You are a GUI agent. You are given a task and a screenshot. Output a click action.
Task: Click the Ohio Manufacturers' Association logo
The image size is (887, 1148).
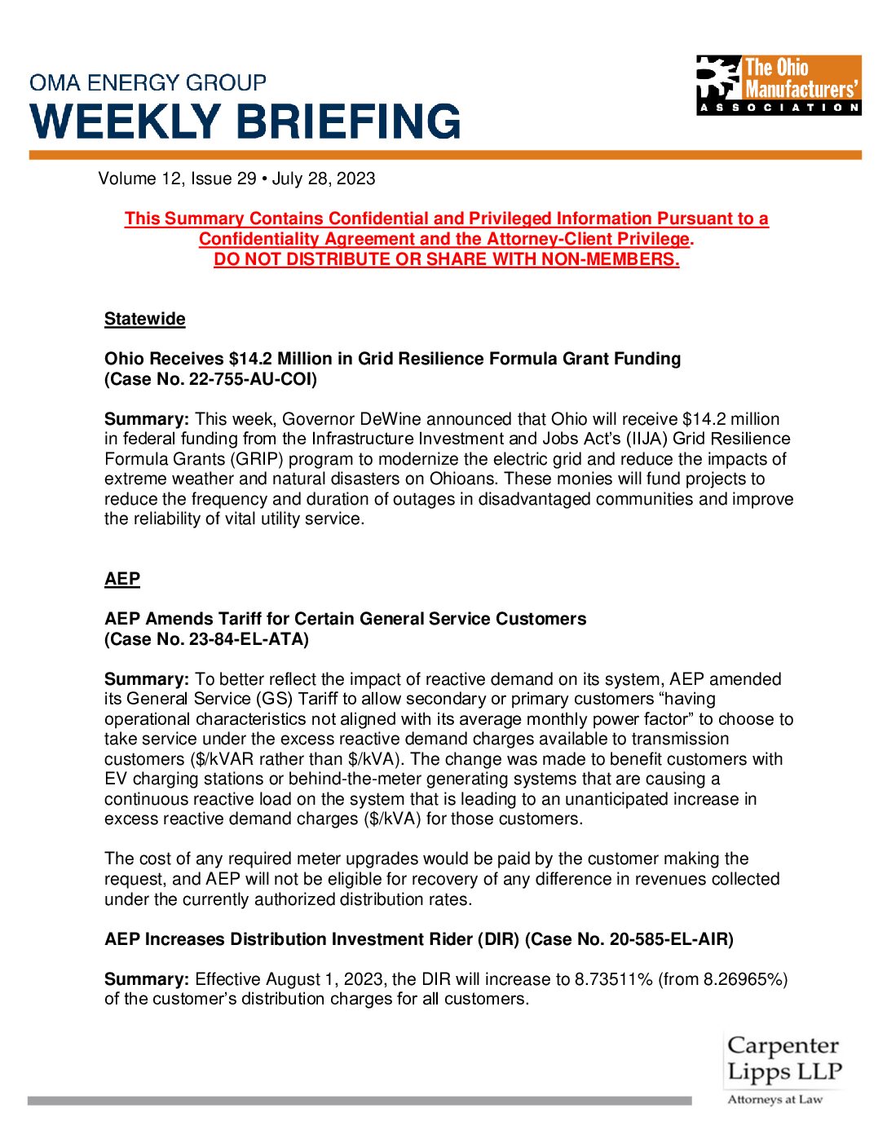(x=779, y=85)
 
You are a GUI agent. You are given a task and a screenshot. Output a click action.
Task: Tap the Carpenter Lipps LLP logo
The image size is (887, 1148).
(x=783, y=1069)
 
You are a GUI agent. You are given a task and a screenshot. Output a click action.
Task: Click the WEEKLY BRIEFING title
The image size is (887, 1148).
(x=245, y=121)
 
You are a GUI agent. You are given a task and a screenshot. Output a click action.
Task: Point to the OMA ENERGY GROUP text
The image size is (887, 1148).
(x=148, y=83)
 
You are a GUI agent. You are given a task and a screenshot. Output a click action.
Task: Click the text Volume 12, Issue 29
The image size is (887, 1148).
(x=177, y=179)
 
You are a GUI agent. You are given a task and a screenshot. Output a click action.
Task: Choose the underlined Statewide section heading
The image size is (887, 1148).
(x=145, y=319)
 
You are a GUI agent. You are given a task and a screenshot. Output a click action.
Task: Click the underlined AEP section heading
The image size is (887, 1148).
(x=122, y=579)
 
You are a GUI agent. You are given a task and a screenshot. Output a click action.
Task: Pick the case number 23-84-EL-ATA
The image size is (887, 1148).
(x=249, y=639)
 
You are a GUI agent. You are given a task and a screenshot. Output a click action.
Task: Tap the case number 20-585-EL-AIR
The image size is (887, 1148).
(x=669, y=939)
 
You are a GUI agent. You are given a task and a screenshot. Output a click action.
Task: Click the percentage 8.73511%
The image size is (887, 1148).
(x=613, y=979)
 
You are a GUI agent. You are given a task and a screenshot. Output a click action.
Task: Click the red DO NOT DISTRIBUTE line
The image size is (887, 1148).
(x=446, y=259)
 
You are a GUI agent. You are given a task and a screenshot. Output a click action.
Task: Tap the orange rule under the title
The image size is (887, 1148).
(x=445, y=155)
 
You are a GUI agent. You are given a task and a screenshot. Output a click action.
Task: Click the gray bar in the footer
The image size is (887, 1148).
(x=359, y=1101)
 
